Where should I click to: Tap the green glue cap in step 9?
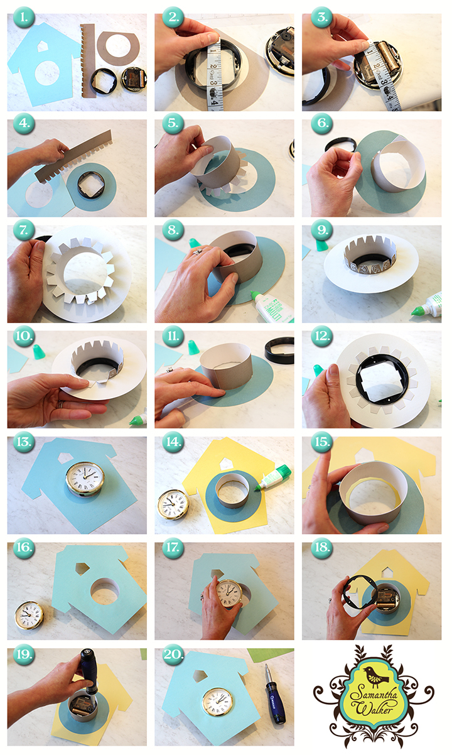321,245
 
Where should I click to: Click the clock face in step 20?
217,702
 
